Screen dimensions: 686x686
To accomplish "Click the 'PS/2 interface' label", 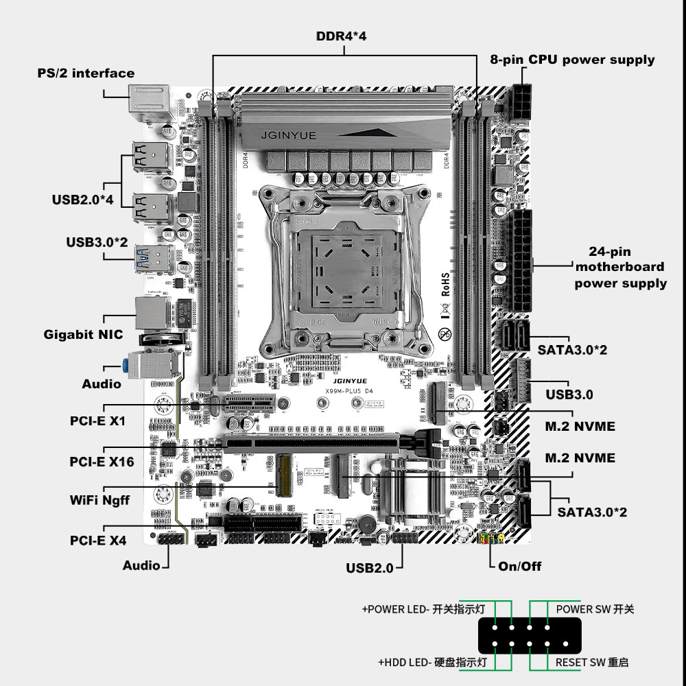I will (86, 73).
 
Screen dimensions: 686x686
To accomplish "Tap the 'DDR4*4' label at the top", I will (341, 36).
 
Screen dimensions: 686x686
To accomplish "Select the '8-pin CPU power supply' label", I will (572, 60).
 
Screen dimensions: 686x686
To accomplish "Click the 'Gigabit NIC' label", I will (83, 334).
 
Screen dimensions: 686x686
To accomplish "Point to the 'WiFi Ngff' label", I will (99, 500).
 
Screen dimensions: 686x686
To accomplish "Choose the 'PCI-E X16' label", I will (102, 462).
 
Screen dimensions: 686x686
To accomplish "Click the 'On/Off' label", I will (519, 566).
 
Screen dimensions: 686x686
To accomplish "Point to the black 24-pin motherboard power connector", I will (521, 261).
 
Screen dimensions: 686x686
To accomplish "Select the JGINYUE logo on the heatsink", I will (288, 135).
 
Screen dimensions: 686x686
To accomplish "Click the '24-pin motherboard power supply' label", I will (620, 268).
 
